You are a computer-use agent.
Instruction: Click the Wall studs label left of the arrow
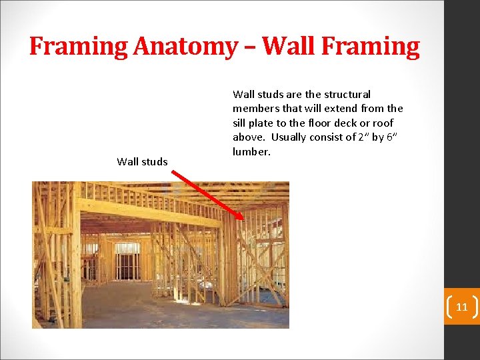tap(142, 161)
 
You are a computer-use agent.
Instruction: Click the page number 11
tap(461, 307)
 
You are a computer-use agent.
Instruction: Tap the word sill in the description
tap(240, 123)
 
